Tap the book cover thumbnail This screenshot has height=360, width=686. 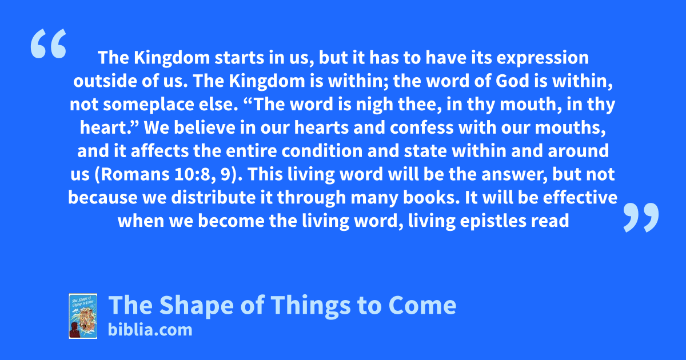[83, 316]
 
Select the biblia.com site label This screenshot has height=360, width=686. [150, 330]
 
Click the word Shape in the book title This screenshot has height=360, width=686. [197, 306]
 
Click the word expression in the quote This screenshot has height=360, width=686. [543, 58]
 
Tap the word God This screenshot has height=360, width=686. [512, 81]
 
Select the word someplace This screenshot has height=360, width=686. [149, 105]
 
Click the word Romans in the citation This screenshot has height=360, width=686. [135, 174]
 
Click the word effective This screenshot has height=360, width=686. [580, 198]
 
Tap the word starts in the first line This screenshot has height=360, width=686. [239, 58]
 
